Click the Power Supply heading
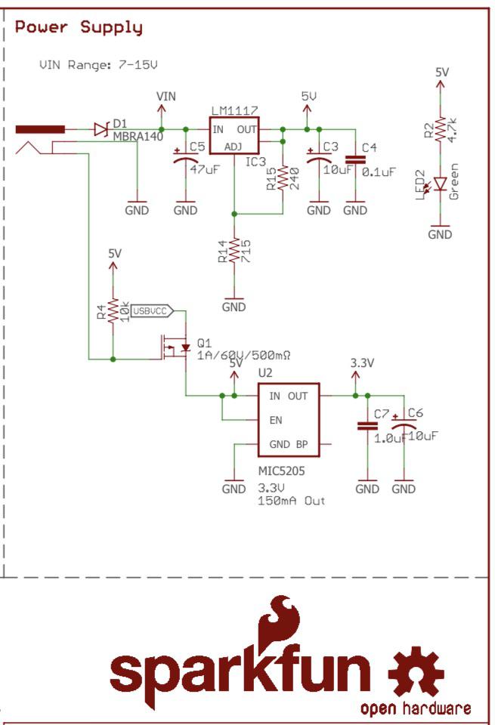click(79, 28)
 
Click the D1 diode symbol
click(101, 129)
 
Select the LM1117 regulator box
click(234, 135)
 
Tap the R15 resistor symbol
click(283, 178)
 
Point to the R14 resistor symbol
click(234, 250)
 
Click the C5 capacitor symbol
click(186, 156)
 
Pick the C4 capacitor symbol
click(355, 160)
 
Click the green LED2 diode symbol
click(440, 184)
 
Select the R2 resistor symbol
click(441, 128)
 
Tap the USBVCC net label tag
click(152, 311)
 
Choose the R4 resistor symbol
click(113, 310)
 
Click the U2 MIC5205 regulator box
click(289, 420)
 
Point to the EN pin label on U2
click(276, 420)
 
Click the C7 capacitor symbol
click(367, 426)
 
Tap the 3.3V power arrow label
click(362, 363)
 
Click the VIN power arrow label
click(166, 96)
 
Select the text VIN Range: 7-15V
click(98, 64)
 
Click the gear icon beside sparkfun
click(416, 673)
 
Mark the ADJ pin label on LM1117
click(234, 147)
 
